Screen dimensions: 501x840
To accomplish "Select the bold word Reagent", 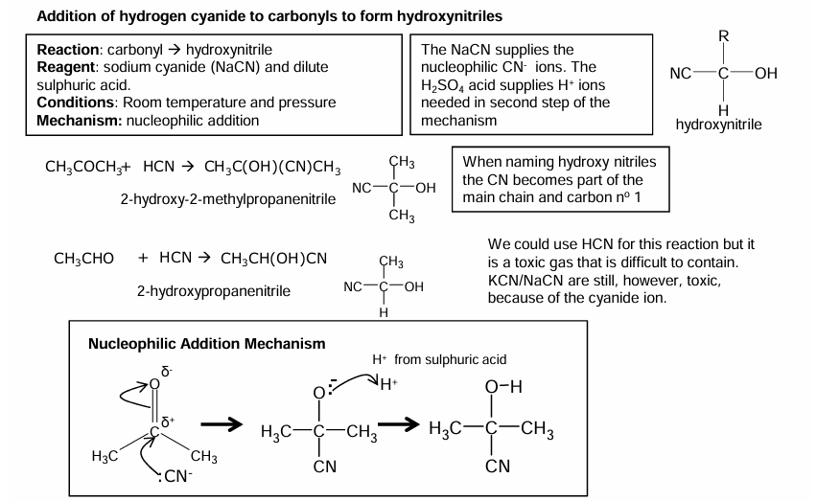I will [66, 67].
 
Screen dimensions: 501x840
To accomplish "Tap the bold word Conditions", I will [76, 102].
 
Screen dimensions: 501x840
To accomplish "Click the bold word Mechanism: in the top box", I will [76, 120].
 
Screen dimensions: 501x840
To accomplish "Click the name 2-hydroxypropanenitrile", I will [212, 290].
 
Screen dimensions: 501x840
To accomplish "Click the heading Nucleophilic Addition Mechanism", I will [207, 343].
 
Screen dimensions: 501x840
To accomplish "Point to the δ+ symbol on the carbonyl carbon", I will [170, 421].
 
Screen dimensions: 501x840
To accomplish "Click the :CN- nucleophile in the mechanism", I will [175, 476].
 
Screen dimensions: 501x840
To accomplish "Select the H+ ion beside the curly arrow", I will [388, 387].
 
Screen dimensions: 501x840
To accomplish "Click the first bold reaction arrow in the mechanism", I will [220, 424].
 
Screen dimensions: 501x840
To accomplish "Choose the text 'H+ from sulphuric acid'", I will [439, 360].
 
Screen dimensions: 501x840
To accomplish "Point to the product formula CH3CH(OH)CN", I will [273, 258].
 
